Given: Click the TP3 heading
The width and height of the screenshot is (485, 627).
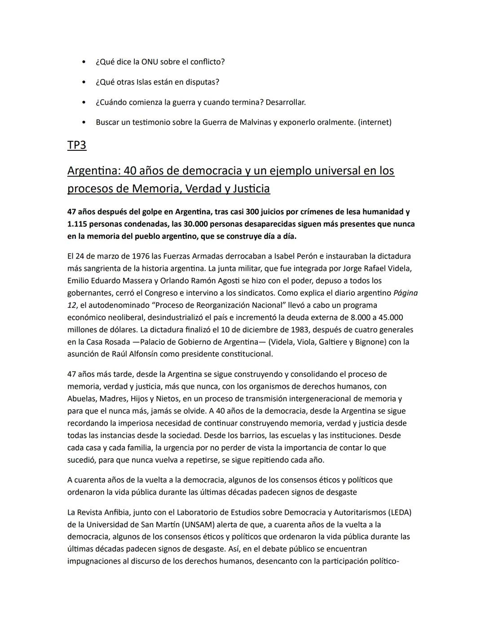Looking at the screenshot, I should pyautogui.click(x=76, y=145).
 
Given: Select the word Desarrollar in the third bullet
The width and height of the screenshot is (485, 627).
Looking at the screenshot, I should pyautogui.click(x=285, y=102).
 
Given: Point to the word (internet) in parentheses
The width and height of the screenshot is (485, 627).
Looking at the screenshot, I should pyautogui.click(x=375, y=122).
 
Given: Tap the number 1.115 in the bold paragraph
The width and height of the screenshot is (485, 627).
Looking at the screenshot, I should pyautogui.click(x=78, y=224).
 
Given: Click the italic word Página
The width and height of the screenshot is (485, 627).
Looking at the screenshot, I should pyautogui.click(x=405, y=293).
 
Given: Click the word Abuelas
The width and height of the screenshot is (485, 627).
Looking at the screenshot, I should pyautogui.click(x=81, y=399).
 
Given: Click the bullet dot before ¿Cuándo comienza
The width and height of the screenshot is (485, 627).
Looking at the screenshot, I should pyautogui.click(x=84, y=102).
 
